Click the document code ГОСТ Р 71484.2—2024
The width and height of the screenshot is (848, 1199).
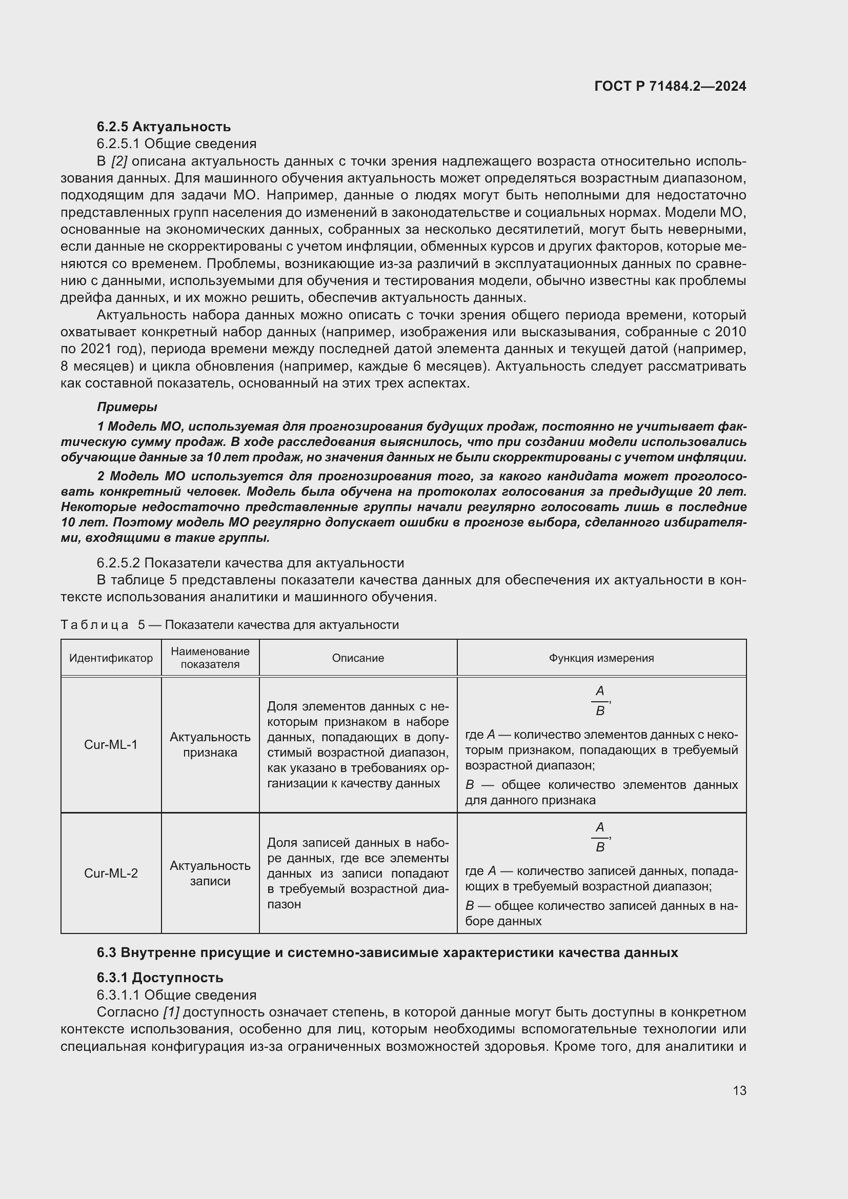pyautogui.click(x=670, y=86)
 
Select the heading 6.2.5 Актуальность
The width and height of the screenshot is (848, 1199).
pyautogui.click(x=164, y=127)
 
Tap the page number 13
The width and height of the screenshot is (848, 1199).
pyautogui.click(x=739, y=1090)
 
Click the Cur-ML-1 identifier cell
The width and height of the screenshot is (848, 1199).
pyautogui.click(x=111, y=744)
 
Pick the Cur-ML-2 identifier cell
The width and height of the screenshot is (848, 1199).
pyautogui.click(x=111, y=872)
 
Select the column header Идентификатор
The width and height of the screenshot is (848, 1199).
pyautogui.click(x=111, y=658)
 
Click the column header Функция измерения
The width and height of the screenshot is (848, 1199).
pyautogui.click(x=601, y=658)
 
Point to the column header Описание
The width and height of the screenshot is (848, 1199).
pyautogui.click(x=358, y=658)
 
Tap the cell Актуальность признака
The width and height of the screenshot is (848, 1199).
pyautogui.click(x=210, y=744)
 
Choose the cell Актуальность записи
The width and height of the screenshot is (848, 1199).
pyautogui.click(x=210, y=872)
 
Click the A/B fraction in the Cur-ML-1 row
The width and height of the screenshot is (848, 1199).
pyautogui.click(x=600, y=700)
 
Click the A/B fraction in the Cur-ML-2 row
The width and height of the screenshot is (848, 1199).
pyautogui.click(x=600, y=837)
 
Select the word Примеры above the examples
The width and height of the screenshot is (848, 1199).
pyautogui.click(x=127, y=407)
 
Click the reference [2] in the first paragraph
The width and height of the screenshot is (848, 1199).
pyautogui.click(x=119, y=161)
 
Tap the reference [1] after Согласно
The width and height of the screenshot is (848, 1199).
pyautogui.click(x=171, y=1012)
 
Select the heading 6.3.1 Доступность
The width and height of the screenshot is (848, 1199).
pyautogui.click(x=160, y=978)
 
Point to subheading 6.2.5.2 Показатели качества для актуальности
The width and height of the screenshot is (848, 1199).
pyautogui.click(x=250, y=563)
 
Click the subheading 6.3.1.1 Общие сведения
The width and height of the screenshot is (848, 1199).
pyautogui.click(x=176, y=995)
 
